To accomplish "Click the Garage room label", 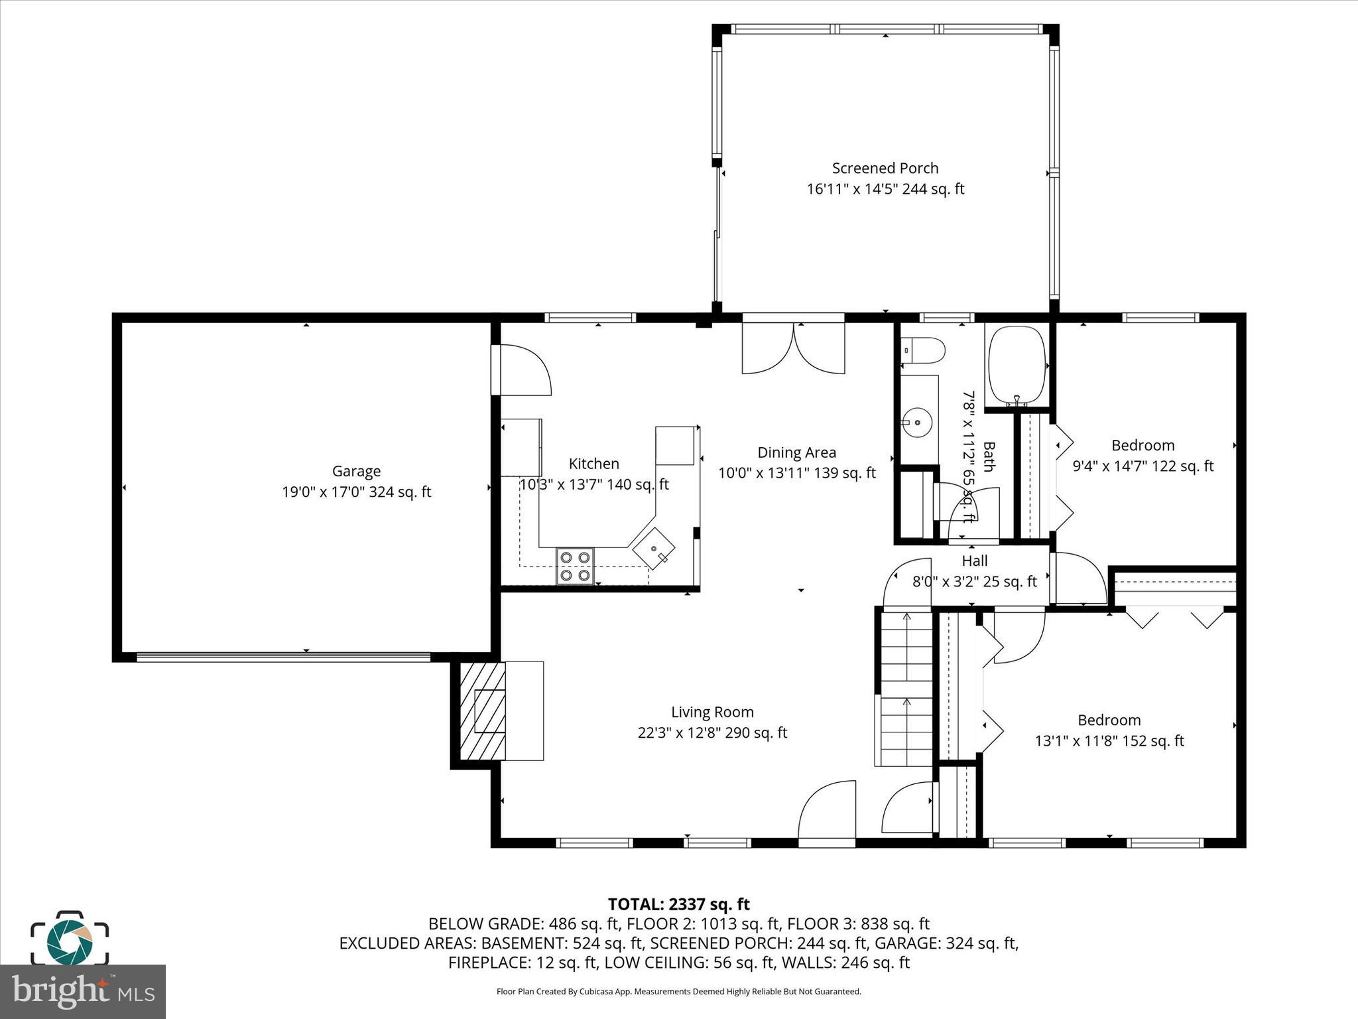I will pos(356,471).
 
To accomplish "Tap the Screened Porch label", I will pos(885,169).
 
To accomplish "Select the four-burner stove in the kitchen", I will pos(575,566).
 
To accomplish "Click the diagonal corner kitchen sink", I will pos(654,549).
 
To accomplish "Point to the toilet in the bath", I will pos(923,350).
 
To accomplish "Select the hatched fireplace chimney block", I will pos(482,711).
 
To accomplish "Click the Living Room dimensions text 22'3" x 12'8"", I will pos(712,733).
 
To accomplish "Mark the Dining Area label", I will pos(796,452).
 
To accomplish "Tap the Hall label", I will pos(975,561).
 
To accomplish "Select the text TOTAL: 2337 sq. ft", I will pos(678,904).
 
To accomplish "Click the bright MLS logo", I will pos(82,991).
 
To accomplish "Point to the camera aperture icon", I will pos(70,939).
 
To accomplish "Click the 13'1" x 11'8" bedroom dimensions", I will pos(1109,741).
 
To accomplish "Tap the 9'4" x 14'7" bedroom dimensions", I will pos(1142,466).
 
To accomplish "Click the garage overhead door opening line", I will pos(283,657).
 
